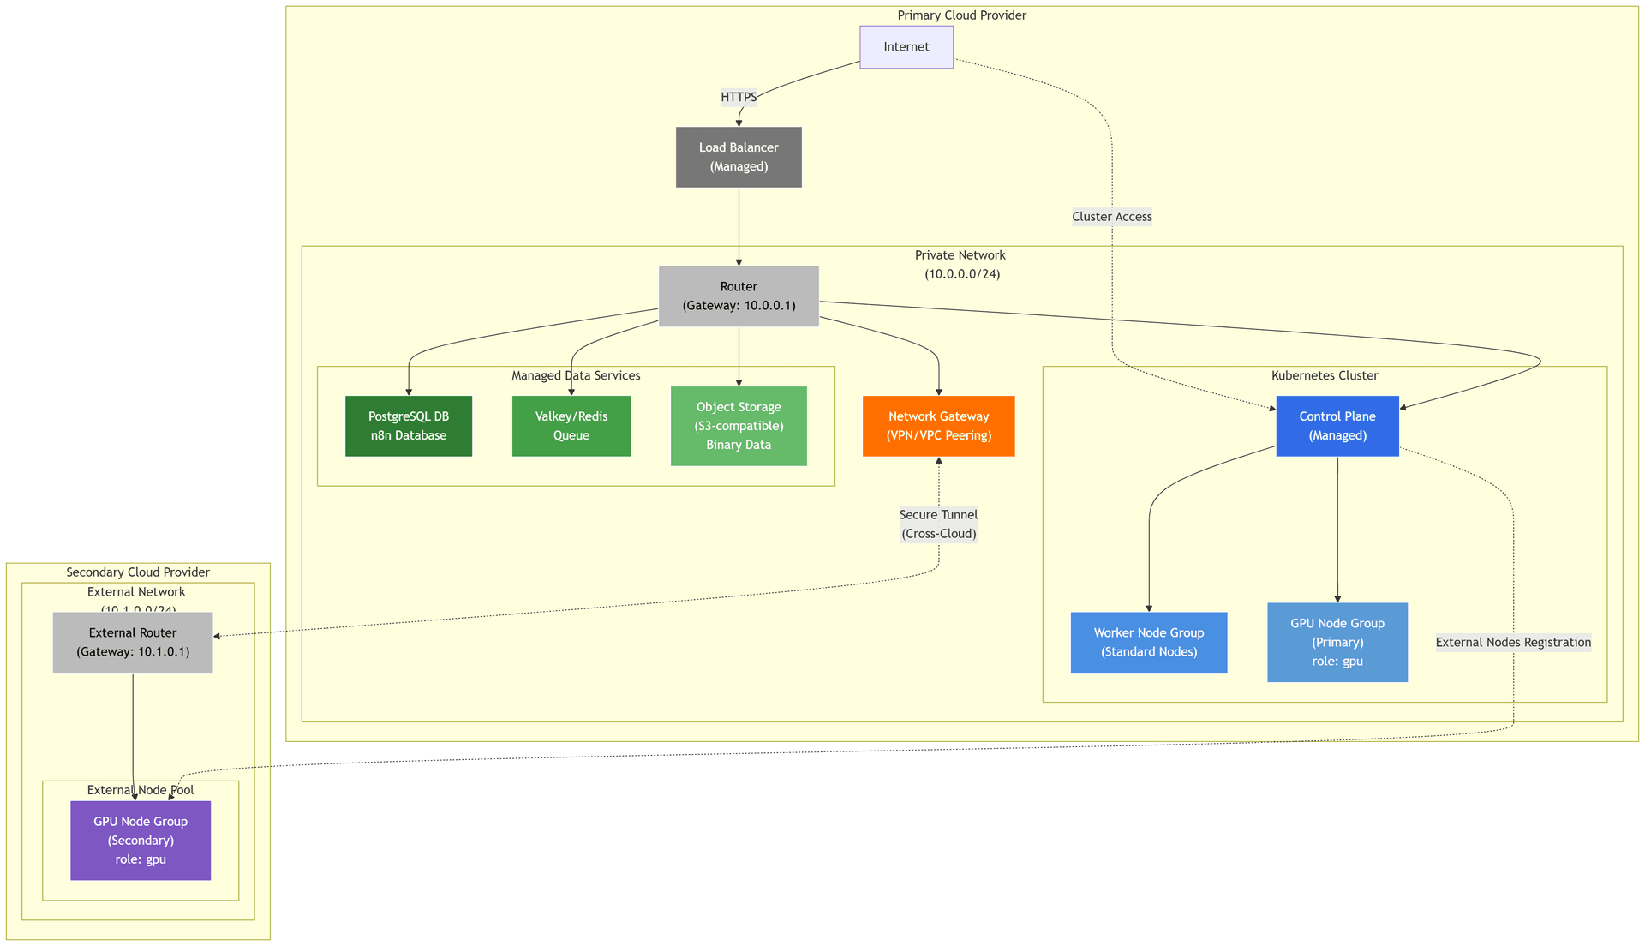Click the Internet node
(x=906, y=47)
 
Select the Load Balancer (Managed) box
(x=739, y=157)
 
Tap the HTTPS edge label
(x=739, y=97)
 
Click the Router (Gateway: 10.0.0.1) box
(x=739, y=296)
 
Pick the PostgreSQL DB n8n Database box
(x=409, y=426)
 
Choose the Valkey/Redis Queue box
(x=571, y=426)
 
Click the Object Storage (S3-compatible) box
(x=739, y=426)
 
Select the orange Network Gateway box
(x=938, y=426)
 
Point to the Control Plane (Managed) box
(x=1337, y=426)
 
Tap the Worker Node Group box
(x=1148, y=642)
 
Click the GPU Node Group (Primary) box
(x=1337, y=642)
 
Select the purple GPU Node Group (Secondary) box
(x=141, y=840)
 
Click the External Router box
(x=133, y=642)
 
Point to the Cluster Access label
(x=1111, y=217)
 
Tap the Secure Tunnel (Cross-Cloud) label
(x=938, y=524)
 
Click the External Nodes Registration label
(x=1513, y=642)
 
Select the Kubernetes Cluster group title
(x=1324, y=375)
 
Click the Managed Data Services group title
(x=576, y=375)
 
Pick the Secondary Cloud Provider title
(x=138, y=572)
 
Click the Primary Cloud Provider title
(x=961, y=15)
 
